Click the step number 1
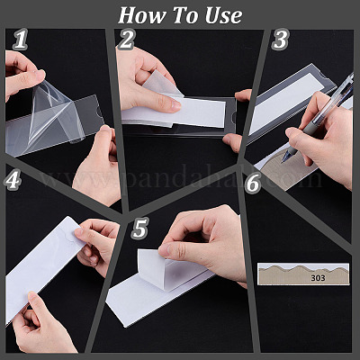tap(21, 40)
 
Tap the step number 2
tap(126, 40)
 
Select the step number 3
tap(280, 40)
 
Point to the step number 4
tap(13, 180)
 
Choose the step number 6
tap(252, 183)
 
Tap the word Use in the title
tap(223, 15)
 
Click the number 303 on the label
tap(318, 278)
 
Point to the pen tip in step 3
tap(283, 161)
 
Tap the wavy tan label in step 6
tap(303, 274)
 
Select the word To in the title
tap(184, 15)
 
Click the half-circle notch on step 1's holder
tap(97, 113)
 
